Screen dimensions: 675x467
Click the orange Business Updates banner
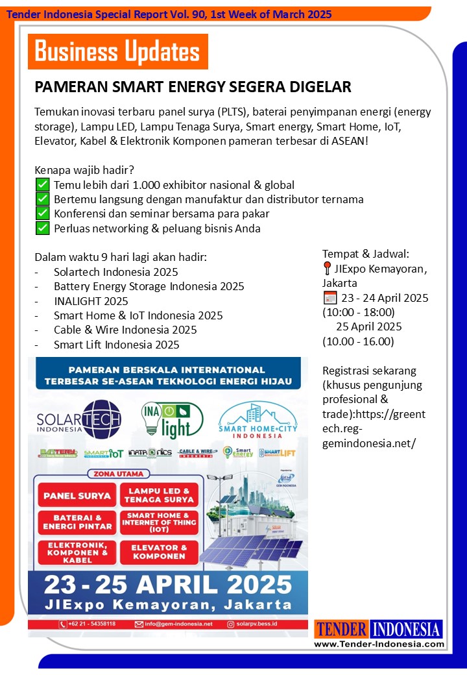tap(117, 51)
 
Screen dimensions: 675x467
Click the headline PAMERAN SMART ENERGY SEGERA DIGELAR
tap(193, 87)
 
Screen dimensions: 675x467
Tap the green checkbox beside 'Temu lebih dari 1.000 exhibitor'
tap(43, 186)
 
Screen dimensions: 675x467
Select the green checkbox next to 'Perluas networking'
tap(43, 228)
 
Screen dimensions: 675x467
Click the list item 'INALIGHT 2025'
tap(91, 301)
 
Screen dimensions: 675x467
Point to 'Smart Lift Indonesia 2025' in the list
tap(116, 345)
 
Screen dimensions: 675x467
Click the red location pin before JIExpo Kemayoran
tap(328, 269)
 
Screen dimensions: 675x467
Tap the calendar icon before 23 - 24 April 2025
tap(329, 298)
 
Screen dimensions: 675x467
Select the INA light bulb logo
tap(171, 419)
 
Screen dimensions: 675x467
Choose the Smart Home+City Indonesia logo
tap(258, 421)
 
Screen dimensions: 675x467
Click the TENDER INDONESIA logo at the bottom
tap(379, 629)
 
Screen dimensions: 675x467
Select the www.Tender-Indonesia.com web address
tap(379, 644)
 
